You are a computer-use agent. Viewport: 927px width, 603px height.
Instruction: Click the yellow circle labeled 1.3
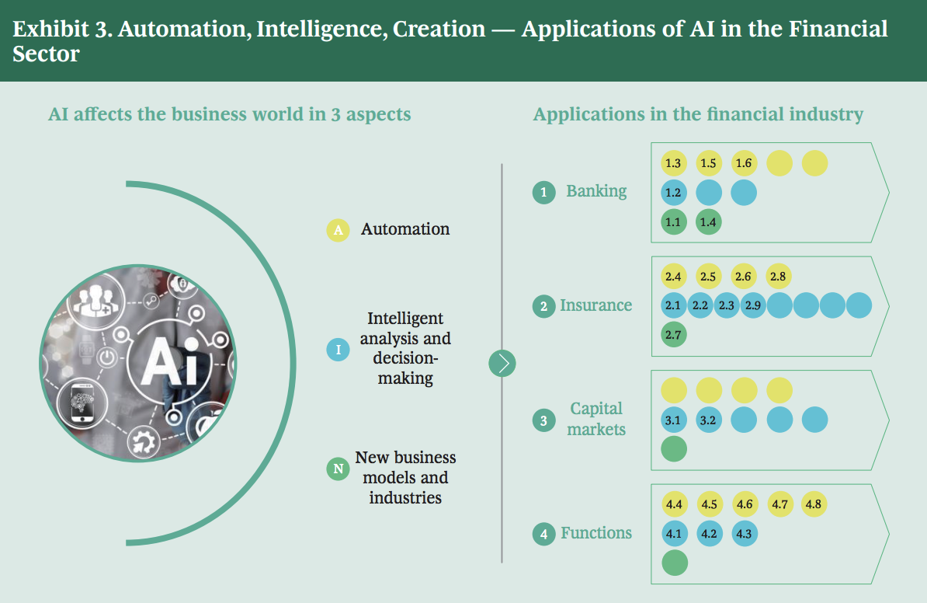tap(673, 163)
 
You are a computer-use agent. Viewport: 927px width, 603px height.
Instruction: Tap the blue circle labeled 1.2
tap(673, 193)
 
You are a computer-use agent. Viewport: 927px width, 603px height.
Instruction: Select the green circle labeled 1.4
tap(708, 222)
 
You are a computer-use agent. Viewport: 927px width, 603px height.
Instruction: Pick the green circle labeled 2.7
tap(673, 335)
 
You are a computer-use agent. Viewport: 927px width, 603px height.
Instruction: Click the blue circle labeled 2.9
tap(752, 305)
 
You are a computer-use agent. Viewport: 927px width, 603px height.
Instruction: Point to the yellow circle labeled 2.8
tap(779, 276)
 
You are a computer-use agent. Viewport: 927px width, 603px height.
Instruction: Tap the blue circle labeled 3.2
tap(708, 420)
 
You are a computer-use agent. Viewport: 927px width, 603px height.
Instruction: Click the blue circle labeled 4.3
tap(744, 534)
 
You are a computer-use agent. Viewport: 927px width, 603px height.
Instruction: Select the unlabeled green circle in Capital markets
tap(674, 449)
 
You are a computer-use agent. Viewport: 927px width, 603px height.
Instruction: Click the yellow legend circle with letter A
tap(338, 230)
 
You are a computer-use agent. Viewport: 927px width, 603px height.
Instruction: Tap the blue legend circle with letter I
tap(338, 350)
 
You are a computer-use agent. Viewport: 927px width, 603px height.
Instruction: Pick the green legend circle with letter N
tap(338, 469)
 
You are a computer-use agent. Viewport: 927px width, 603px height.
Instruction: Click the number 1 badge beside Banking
tap(543, 192)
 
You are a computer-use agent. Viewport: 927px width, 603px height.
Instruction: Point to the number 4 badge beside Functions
tap(543, 534)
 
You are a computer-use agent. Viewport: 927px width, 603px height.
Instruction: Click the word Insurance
tap(595, 305)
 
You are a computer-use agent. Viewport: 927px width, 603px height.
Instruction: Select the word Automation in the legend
tap(405, 229)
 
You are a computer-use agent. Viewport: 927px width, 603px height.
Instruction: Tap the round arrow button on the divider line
tap(502, 363)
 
